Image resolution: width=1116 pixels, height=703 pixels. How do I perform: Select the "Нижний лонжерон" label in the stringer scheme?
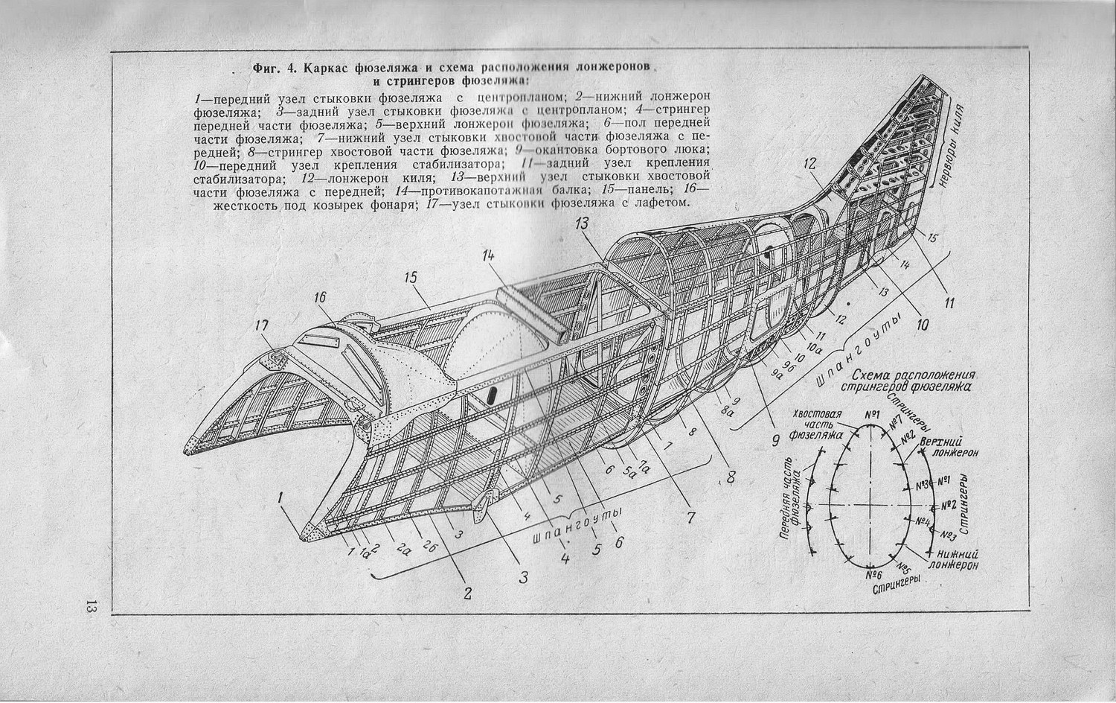[x=957, y=559]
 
